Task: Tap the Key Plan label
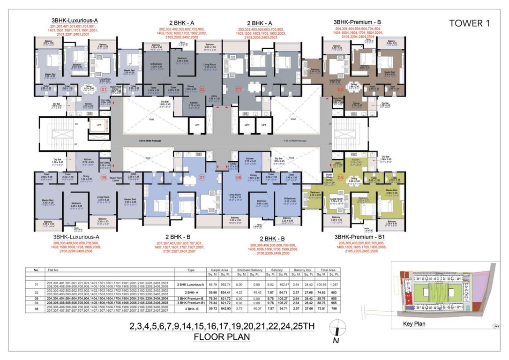[414, 323]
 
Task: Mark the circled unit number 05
[340, 178]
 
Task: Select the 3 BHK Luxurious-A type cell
[190, 284]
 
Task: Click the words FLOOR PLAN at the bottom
[222, 336]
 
